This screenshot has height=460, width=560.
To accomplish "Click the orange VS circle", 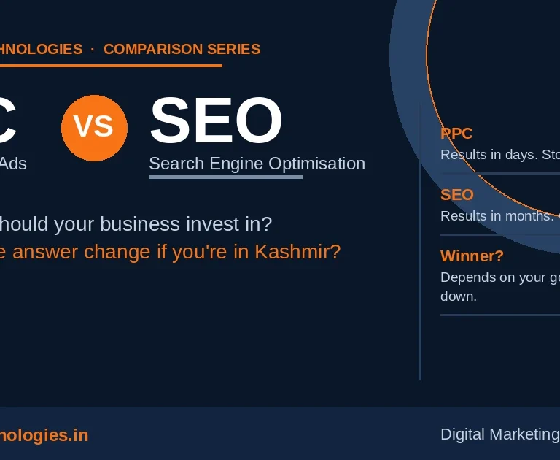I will (x=94, y=128).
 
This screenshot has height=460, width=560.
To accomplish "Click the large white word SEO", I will (x=216, y=120).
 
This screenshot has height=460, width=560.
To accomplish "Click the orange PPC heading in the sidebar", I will (x=456, y=134).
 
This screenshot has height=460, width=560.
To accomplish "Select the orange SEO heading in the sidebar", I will (x=457, y=195).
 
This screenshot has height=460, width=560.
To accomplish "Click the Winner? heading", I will (x=472, y=256).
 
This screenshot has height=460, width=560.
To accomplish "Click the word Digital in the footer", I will (x=462, y=434).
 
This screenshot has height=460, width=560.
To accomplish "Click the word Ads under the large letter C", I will (x=13, y=164).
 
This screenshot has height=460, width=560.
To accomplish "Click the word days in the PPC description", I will (x=518, y=155).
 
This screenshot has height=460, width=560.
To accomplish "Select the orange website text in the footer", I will (x=44, y=436).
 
